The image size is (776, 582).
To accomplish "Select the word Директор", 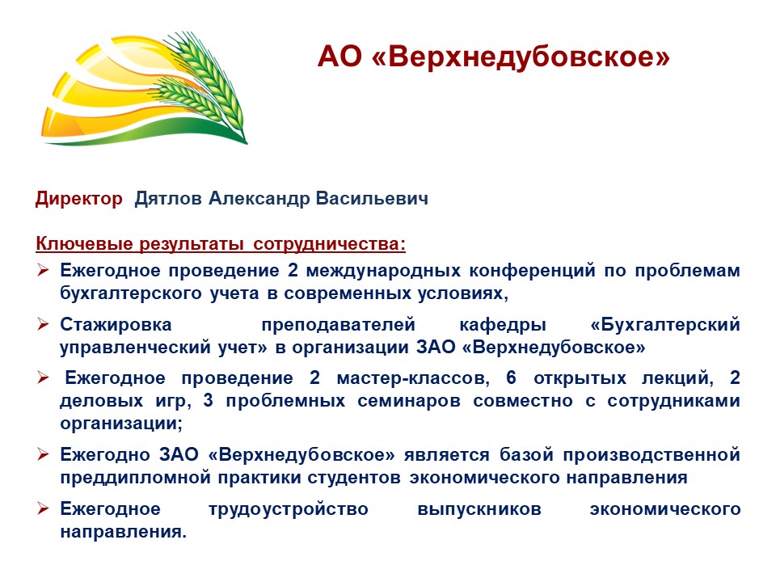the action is pyautogui.click(x=78, y=199).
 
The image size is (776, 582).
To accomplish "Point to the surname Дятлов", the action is pyautogui.click(x=168, y=199).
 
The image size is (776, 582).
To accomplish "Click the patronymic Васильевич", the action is pyautogui.click(x=372, y=199).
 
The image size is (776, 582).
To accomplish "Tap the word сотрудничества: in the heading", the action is pyautogui.click(x=329, y=244).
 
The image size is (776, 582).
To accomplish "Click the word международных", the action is pyautogui.click(x=383, y=271).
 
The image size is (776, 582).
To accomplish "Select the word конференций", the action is pyautogui.click(x=532, y=271).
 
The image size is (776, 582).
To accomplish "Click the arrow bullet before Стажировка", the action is pyautogui.click(x=43, y=325).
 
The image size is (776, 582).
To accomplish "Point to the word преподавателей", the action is pyautogui.click(x=338, y=325).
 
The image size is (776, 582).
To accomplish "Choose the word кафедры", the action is pyautogui.click(x=503, y=325).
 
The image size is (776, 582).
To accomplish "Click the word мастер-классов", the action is pyautogui.click(x=413, y=378).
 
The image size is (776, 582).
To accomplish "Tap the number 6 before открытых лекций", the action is pyautogui.click(x=511, y=377).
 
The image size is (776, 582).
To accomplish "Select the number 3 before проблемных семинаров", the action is pyautogui.click(x=208, y=400).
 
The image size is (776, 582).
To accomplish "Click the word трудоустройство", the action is pyautogui.click(x=289, y=509).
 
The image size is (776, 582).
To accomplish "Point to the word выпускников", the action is pyautogui.click(x=479, y=509).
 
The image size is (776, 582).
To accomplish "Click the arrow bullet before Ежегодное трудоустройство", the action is pyautogui.click(x=43, y=508).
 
